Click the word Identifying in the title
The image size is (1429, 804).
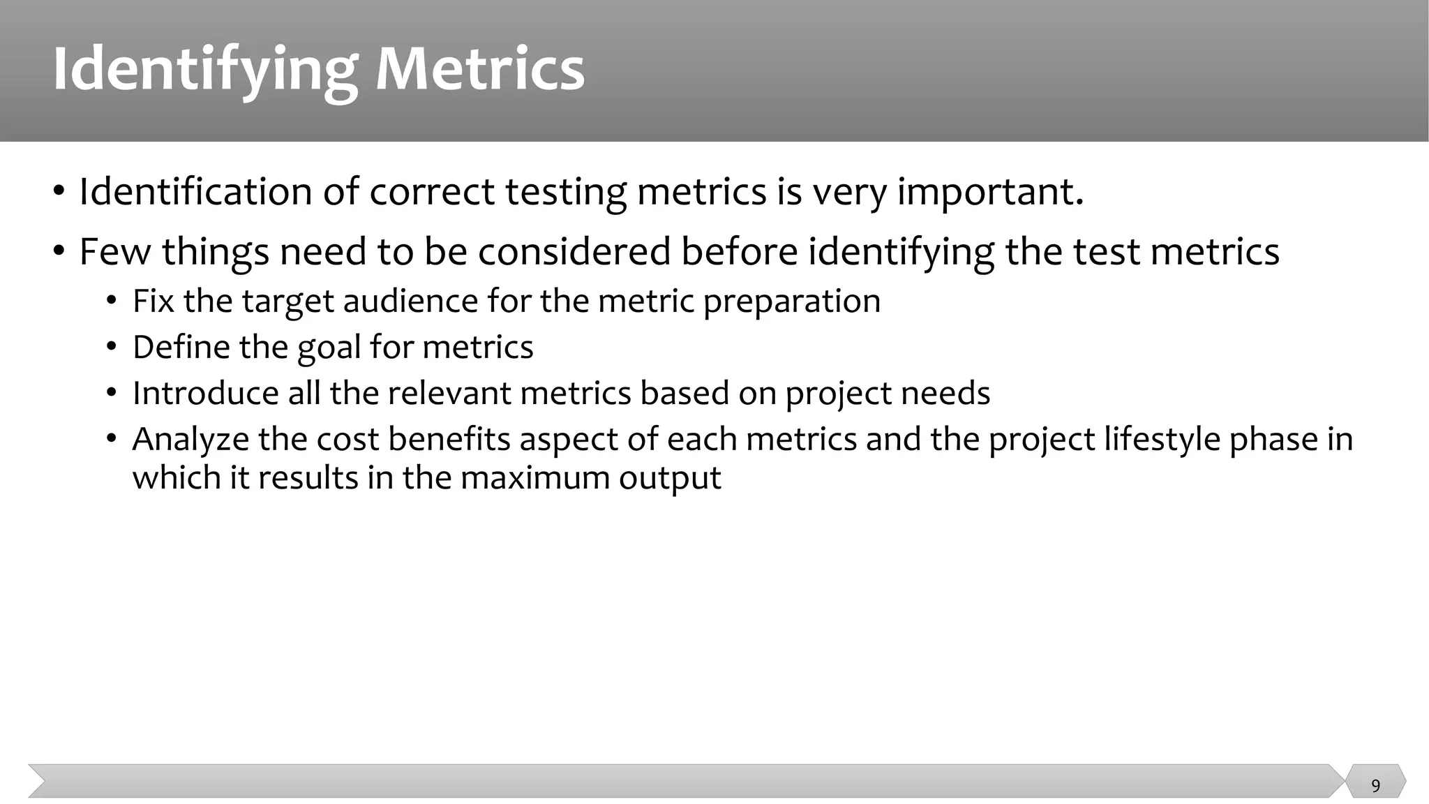tap(205, 70)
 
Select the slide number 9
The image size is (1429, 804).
tap(1375, 786)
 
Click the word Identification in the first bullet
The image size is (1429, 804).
tap(195, 191)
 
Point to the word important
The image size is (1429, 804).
tap(990, 193)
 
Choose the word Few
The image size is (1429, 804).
tap(115, 251)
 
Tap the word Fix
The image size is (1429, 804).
tap(153, 301)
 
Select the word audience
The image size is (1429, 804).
tap(411, 301)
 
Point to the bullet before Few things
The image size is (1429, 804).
tap(59, 251)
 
